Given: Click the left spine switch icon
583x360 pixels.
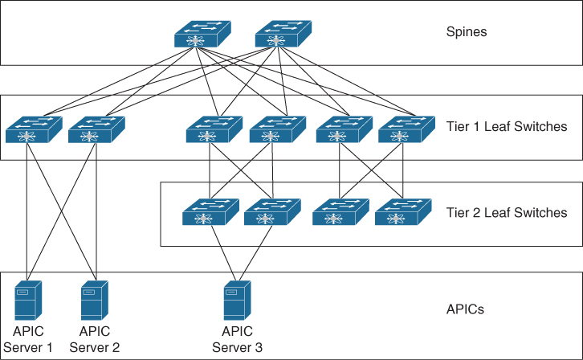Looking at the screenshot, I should pyautogui.click(x=202, y=34).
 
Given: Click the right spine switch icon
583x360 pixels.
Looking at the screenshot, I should pyautogui.click(x=282, y=34).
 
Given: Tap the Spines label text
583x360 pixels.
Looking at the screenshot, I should pyautogui.click(x=467, y=33).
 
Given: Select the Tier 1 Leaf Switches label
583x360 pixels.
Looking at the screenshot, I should pyautogui.click(x=507, y=126).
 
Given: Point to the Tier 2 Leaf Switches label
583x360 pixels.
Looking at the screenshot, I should pyautogui.click(x=507, y=213).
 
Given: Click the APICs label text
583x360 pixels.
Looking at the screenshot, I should pyautogui.click(x=466, y=309).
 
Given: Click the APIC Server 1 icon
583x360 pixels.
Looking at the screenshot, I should pyautogui.click(x=28, y=300).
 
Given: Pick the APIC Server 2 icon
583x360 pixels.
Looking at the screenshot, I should pyautogui.click(x=95, y=300).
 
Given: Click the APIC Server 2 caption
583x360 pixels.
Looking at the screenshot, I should pyautogui.click(x=94, y=339).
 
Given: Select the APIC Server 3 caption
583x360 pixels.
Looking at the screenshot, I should pyautogui.click(x=237, y=339).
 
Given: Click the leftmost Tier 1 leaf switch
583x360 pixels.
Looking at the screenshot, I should pyautogui.click(x=33, y=129).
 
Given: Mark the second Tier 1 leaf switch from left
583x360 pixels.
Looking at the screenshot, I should pyautogui.click(x=96, y=129).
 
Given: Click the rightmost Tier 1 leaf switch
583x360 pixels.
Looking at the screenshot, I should pyautogui.click(x=406, y=129).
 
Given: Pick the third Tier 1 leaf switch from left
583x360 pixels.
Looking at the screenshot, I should pyautogui.click(x=214, y=129).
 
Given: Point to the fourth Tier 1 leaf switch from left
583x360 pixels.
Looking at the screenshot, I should pyautogui.click(x=277, y=129).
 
